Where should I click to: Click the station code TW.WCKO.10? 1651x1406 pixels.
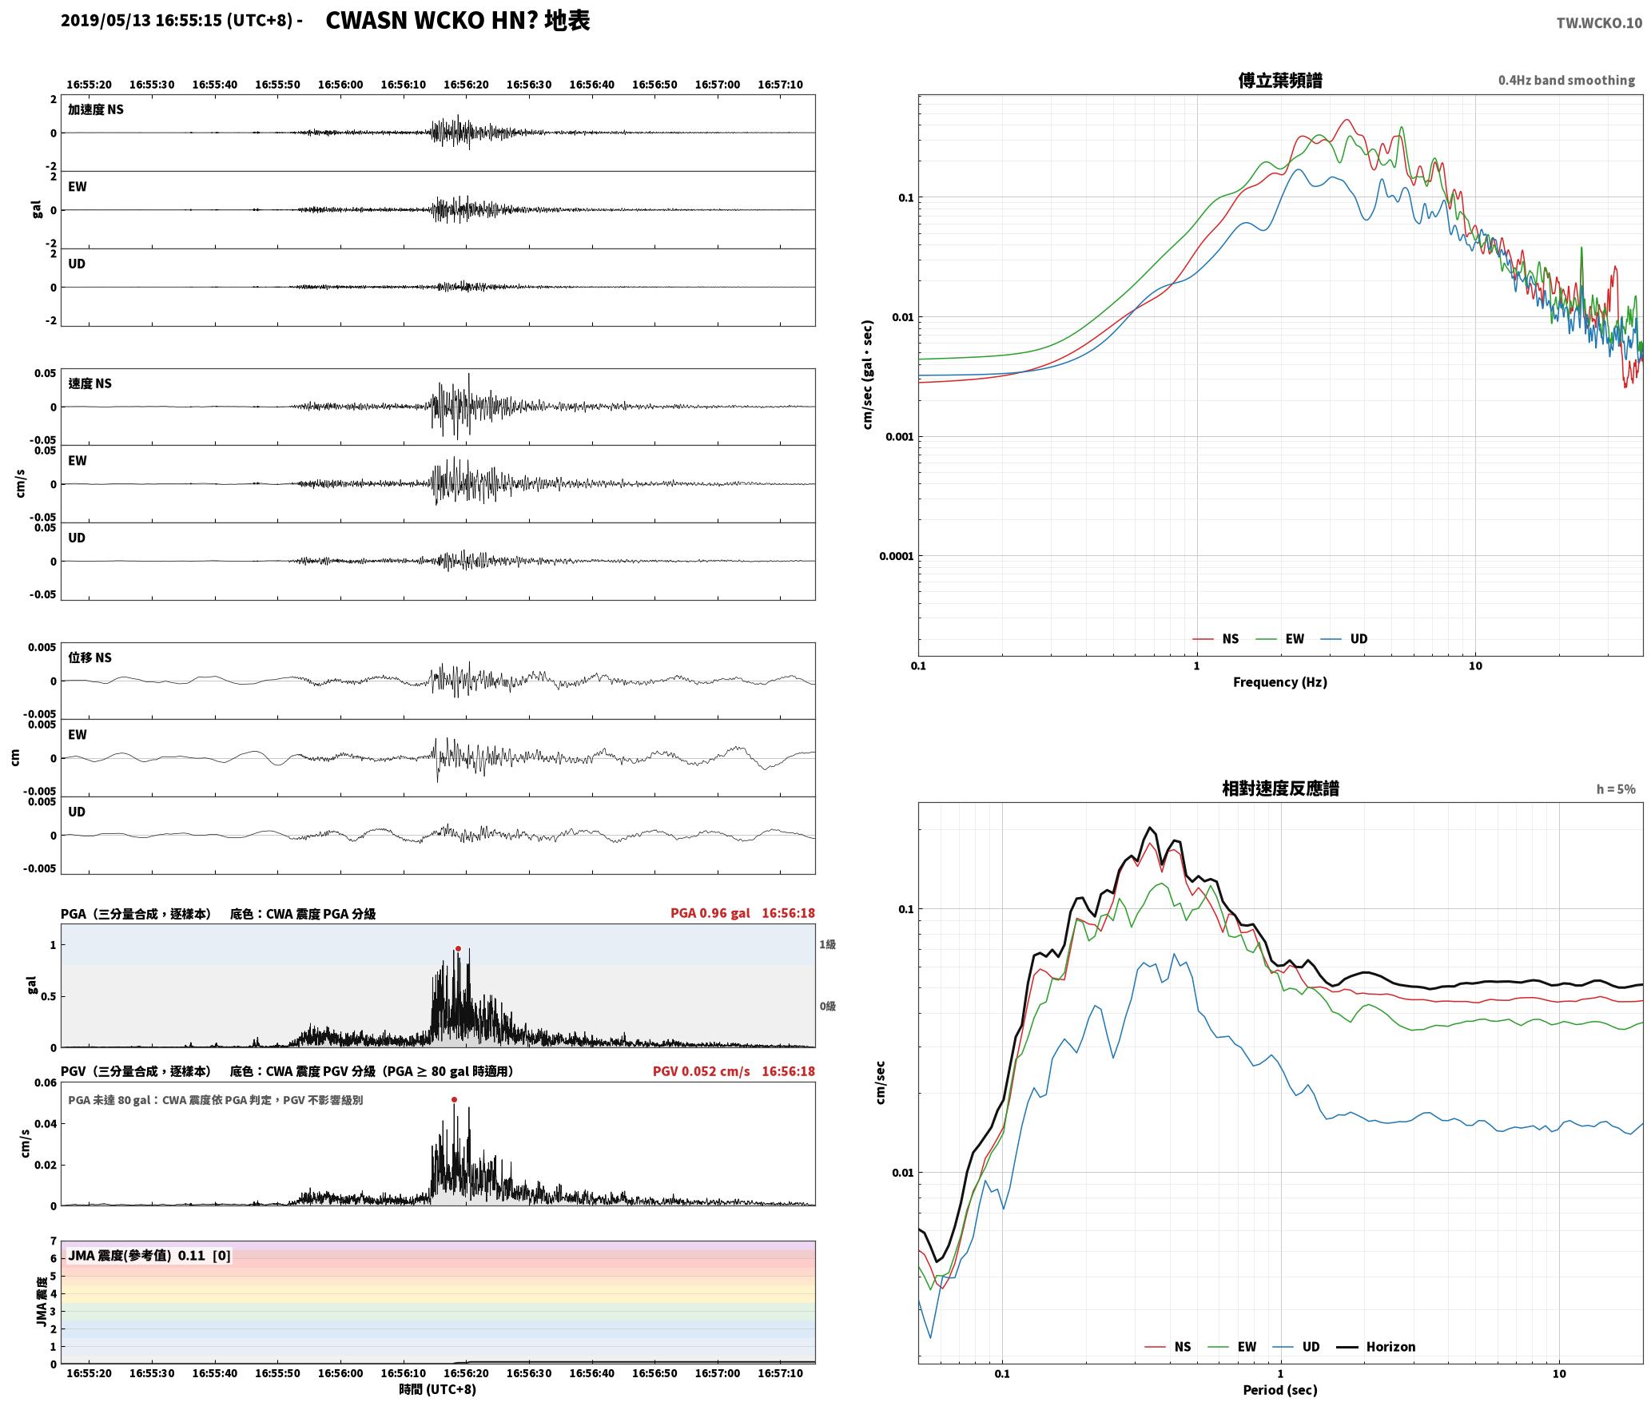(x=1599, y=23)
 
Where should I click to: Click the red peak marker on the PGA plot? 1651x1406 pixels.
(x=458, y=949)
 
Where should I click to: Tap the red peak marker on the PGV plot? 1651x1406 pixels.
(x=454, y=1100)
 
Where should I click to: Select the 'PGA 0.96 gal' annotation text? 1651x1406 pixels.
(x=710, y=913)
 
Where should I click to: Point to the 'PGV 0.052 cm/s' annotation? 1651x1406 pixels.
(x=701, y=1071)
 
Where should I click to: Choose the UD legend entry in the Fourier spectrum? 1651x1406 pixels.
(x=1344, y=639)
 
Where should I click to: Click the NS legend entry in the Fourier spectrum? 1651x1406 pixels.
(x=1215, y=639)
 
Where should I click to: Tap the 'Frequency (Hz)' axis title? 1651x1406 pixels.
(x=1279, y=682)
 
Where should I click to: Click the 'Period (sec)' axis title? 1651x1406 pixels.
(x=1279, y=1390)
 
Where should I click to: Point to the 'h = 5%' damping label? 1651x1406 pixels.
(x=1616, y=789)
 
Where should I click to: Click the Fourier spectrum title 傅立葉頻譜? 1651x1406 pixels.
(x=1280, y=81)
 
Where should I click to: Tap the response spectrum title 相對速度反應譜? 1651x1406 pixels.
(x=1280, y=788)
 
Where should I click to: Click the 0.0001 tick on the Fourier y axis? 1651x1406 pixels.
(x=896, y=556)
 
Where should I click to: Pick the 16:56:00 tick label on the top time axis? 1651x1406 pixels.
(x=340, y=85)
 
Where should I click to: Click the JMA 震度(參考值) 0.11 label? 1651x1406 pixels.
(x=136, y=1256)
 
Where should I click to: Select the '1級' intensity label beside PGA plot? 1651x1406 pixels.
(x=827, y=945)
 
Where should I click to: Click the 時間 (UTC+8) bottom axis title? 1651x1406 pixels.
(x=437, y=1389)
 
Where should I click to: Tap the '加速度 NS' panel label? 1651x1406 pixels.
(x=96, y=109)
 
